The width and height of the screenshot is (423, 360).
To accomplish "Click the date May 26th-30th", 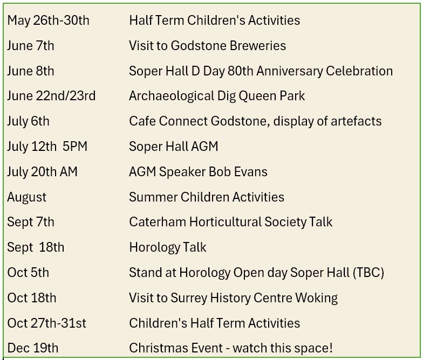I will tap(48, 20).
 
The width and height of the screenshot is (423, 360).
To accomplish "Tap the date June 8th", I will tap(31, 71).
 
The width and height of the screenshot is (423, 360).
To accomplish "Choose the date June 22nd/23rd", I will tap(51, 96).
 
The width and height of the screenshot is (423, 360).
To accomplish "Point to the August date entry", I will tap(27, 197).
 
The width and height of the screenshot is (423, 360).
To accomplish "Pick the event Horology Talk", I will tap(168, 247).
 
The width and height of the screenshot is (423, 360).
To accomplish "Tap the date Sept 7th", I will tap(31, 222).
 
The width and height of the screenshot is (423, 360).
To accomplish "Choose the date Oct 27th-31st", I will tap(46, 323).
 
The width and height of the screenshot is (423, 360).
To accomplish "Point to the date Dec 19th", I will tap(33, 348).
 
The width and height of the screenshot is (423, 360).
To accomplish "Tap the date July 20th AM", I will tap(43, 172).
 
